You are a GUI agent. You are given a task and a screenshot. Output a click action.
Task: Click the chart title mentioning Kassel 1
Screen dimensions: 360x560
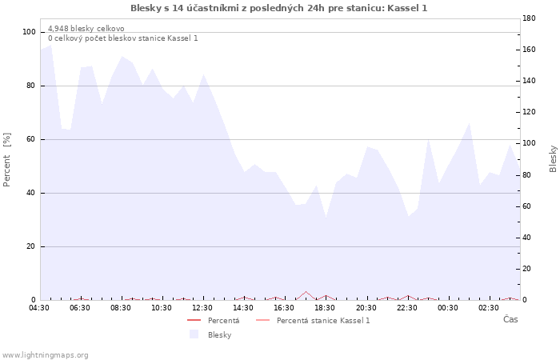278,8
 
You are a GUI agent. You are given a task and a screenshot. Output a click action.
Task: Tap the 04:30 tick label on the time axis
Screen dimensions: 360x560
39,307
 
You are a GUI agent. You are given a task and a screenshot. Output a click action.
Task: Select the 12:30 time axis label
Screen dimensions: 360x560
202,307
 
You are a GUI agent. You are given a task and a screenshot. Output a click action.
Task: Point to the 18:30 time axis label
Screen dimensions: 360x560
325,307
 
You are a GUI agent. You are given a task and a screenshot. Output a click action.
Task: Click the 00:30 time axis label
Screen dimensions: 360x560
447,307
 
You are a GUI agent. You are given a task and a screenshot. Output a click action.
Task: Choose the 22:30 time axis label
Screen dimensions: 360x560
406,307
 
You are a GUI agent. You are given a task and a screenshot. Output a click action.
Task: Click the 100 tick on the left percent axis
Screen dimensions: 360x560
30,32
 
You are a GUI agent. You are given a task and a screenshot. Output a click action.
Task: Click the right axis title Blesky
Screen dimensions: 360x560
553,158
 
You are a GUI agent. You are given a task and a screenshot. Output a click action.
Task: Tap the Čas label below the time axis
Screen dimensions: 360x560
510,319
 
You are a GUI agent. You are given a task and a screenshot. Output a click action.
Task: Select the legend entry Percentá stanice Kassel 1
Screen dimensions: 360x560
323,320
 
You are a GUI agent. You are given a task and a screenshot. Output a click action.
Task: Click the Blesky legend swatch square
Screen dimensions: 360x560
194,334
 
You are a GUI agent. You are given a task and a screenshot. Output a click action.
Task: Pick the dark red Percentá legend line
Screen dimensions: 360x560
194,320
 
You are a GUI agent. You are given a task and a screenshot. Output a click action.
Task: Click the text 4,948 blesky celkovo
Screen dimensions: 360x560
86,29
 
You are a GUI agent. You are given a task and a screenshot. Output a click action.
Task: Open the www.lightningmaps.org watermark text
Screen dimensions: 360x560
46,354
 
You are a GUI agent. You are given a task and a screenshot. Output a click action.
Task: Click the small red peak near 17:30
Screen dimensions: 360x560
305,292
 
